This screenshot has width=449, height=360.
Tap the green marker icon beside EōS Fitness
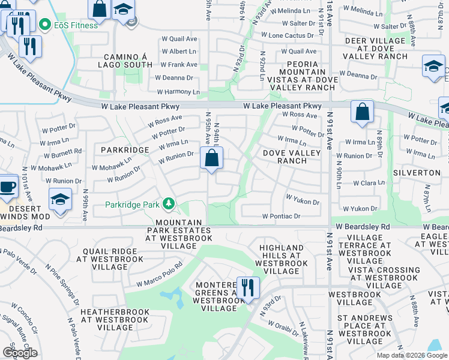(x=44, y=25)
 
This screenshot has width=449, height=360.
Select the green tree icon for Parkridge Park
(x=170, y=204)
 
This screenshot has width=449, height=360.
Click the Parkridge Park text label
(x=132, y=205)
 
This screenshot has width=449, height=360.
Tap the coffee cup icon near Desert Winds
(x=7, y=185)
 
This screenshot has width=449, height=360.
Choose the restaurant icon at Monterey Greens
(x=247, y=288)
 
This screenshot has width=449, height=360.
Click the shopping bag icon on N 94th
(x=212, y=159)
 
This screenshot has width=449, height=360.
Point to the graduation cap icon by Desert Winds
(x=60, y=201)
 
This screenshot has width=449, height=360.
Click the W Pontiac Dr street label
(x=281, y=216)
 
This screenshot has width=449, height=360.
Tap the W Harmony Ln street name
(x=178, y=92)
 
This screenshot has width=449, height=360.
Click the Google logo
(x=19, y=352)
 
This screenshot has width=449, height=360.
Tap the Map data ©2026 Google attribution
(x=412, y=355)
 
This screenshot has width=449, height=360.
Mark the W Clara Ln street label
(x=364, y=182)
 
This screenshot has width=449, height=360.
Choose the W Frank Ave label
(x=179, y=64)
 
